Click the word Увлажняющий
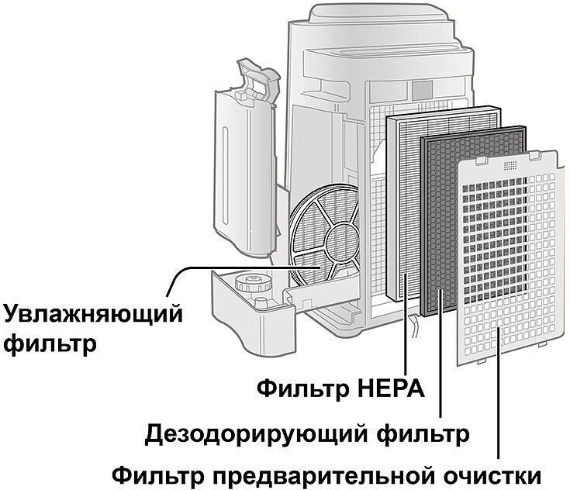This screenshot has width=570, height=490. (x=93, y=315)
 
